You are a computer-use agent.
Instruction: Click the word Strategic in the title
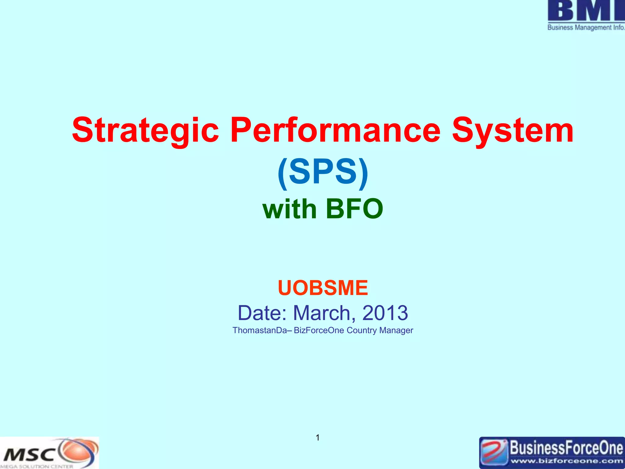[x=145, y=131]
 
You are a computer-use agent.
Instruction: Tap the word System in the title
[x=512, y=131]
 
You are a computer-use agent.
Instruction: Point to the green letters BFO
[x=354, y=209]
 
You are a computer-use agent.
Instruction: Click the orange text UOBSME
[x=323, y=288]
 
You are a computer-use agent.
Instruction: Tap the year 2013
[x=385, y=313]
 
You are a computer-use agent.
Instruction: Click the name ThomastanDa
[x=260, y=330]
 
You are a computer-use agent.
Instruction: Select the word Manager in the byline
[x=396, y=330]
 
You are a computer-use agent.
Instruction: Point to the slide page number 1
[x=318, y=438]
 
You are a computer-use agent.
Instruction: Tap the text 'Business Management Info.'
[x=586, y=27]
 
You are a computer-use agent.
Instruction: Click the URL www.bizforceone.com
[x=566, y=461]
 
